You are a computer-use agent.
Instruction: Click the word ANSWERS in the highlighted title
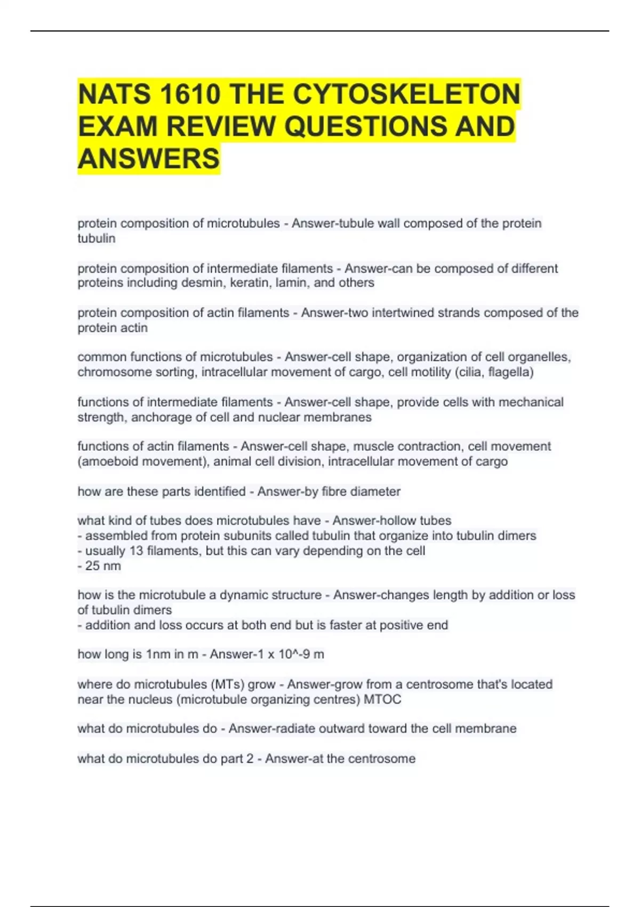click(x=149, y=158)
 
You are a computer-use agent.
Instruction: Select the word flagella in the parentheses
click(x=509, y=372)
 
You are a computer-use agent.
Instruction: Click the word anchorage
click(x=157, y=417)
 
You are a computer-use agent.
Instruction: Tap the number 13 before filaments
click(x=136, y=551)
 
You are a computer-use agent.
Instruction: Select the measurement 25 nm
click(x=103, y=566)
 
